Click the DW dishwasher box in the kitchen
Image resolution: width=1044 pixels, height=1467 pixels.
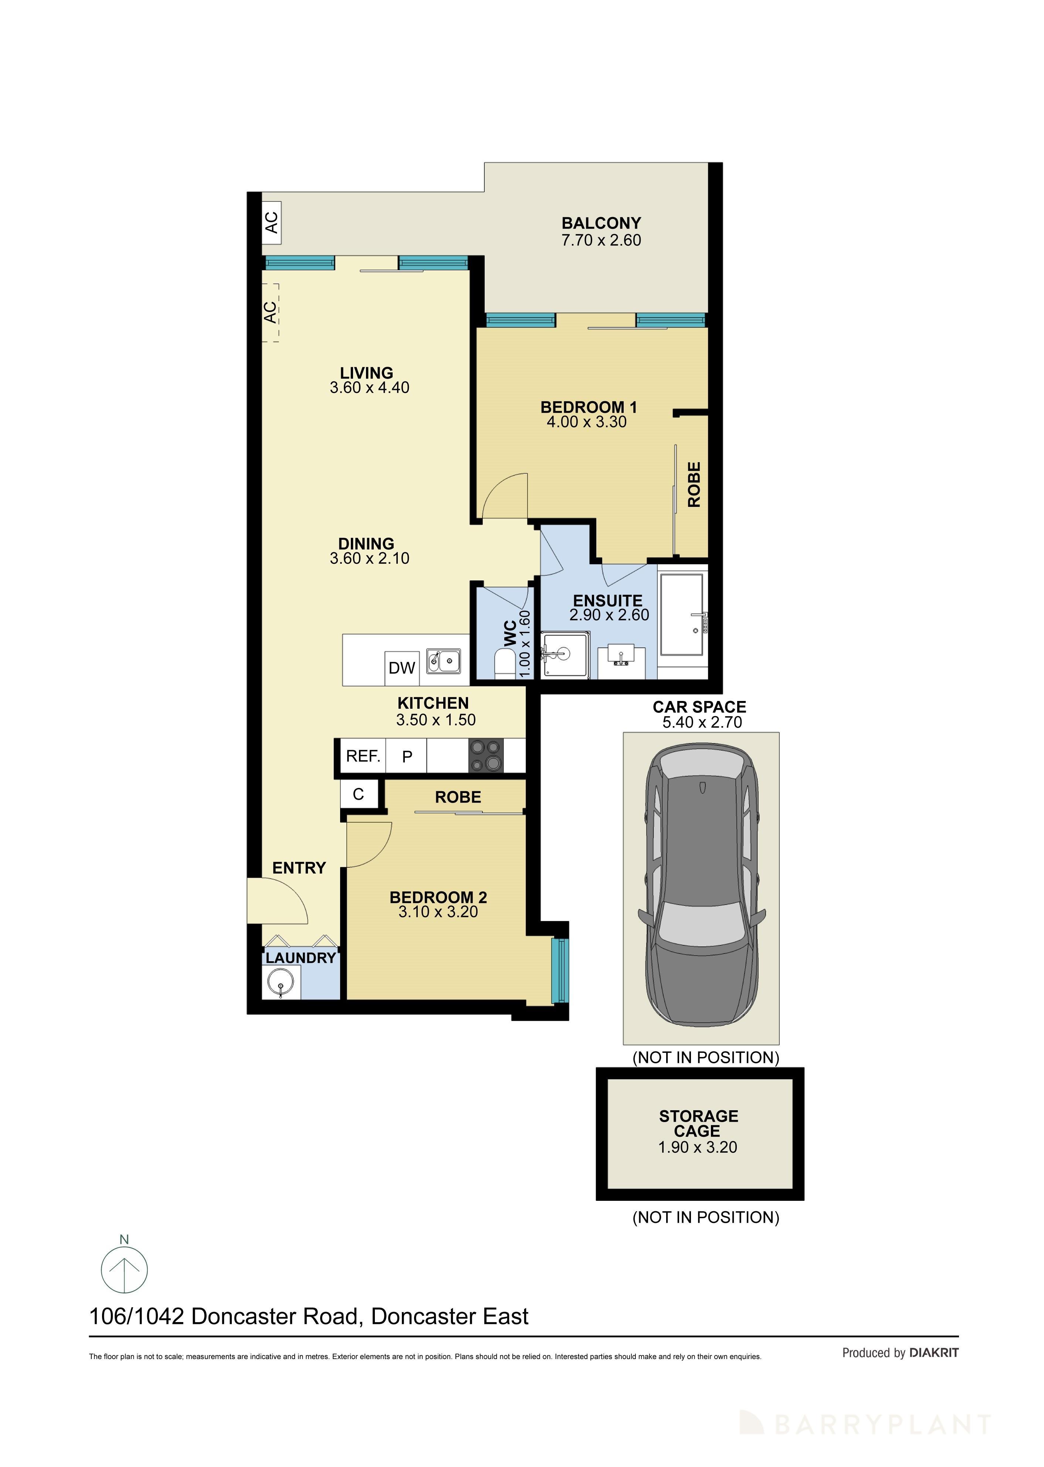(x=402, y=668)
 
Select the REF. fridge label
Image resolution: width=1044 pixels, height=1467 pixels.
(x=363, y=756)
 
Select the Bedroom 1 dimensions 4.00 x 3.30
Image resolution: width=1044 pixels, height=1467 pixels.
(x=586, y=422)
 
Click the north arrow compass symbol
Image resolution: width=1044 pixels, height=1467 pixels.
(x=124, y=1270)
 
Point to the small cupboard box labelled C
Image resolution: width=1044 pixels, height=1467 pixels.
(x=358, y=795)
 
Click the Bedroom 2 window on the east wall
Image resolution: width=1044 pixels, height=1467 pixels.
(x=560, y=971)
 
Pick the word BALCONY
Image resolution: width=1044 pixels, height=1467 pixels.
(x=601, y=223)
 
